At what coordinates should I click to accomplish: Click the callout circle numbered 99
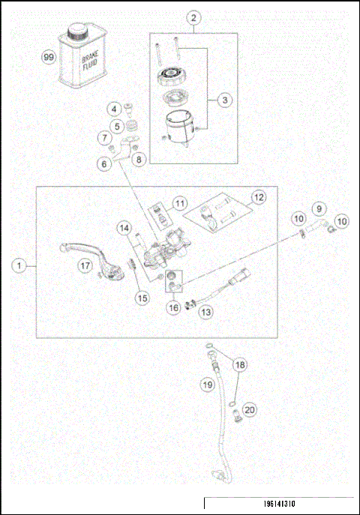pos(48,57)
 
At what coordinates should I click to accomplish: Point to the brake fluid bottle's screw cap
pos(77,31)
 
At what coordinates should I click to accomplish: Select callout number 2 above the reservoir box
pos(194,16)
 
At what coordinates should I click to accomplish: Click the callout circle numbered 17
pos(86,265)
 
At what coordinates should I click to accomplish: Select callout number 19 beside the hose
pos(208,385)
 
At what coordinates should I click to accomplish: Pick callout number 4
pos(116,109)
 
